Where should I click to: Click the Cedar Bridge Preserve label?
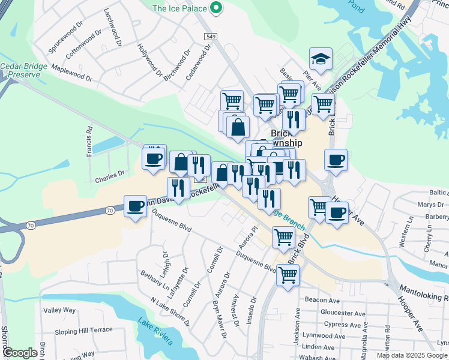[20, 70]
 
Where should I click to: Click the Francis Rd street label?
[89, 141]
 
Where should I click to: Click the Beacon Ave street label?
[322, 299]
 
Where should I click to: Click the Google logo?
[20, 353]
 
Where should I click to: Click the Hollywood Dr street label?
[149, 61]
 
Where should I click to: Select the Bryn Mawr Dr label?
[220, 309]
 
